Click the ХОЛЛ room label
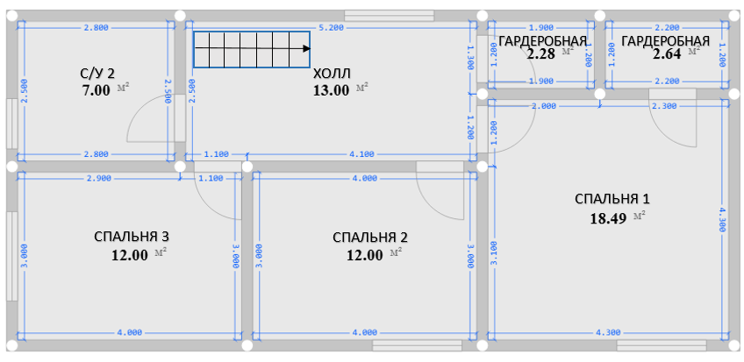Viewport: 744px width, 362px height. pyautogui.click(x=332, y=74)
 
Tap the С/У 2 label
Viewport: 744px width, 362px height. pyautogui.click(x=97, y=73)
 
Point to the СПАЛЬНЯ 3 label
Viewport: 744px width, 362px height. pyautogui.click(x=131, y=237)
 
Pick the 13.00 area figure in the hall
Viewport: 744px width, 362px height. pyautogui.click(x=331, y=90)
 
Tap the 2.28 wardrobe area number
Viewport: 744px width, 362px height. pyautogui.click(x=541, y=54)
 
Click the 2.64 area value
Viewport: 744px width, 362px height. pyautogui.click(x=667, y=54)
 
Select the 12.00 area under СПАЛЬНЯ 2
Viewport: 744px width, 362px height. pyautogui.click(x=365, y=255)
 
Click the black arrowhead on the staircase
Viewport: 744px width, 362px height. pyautogui.click(x=306, y=48)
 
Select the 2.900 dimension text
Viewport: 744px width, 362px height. pyautogui.click(x=99, y=178)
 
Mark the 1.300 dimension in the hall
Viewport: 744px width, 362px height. pyautogui.click(x=470, y=58)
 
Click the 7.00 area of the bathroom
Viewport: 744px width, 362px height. pyautogui.click(x=96, y=90)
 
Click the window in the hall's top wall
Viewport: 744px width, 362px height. pyautogui.click(x=389, y=16)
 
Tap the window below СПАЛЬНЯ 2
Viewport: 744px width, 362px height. pyautogui.click(x=417, y=345)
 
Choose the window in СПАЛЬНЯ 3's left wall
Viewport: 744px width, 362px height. pyautogui.click(x=12, y=256)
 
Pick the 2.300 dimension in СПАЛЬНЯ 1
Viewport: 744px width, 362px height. pyautogui.click(x=664, y=106)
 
